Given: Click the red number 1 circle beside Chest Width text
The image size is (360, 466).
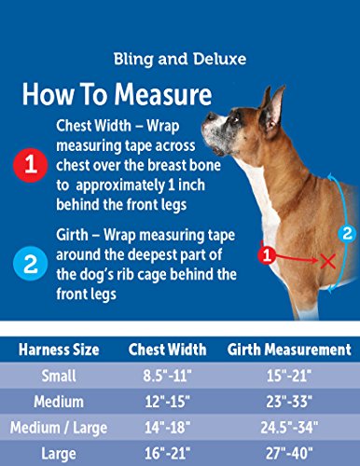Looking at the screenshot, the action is click(x=30, y=165).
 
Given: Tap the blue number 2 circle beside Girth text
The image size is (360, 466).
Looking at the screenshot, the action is click(x=30, y=264).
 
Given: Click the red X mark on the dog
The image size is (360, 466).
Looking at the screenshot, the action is click(x=327, y=261).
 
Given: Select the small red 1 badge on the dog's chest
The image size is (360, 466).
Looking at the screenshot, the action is click(x=267, y=255).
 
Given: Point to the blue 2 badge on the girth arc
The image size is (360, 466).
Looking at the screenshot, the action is click(x=347, y=233).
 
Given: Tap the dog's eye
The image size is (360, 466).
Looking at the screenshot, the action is click(x=237, y=119).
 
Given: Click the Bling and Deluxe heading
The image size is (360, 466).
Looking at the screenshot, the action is click(x=180, y=59).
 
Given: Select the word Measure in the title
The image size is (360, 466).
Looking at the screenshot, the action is click(x=163, y=94).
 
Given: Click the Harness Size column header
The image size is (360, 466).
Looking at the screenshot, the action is click(x=59, y=349).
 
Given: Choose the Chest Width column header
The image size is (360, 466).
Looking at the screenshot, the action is click(x=167, y=349).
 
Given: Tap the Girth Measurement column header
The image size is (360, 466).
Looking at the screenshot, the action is click(x=289, y=349).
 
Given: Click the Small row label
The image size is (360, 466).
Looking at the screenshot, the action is click(x=59, y=376).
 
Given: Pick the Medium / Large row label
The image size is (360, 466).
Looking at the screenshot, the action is click(x=59, y=428).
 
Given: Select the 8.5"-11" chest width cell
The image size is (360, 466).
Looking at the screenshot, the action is click(x=167, y=376).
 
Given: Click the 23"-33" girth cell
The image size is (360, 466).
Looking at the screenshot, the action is click(x=289, y=402).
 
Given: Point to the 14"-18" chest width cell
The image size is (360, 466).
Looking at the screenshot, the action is click(x=167, y=428).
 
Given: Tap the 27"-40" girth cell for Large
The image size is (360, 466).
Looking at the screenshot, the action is click(x=289, y=454).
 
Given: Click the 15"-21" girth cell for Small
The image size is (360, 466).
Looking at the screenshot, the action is click(x=289, y=376).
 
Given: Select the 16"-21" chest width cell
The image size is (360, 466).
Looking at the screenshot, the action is click(x=167, y=454).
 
